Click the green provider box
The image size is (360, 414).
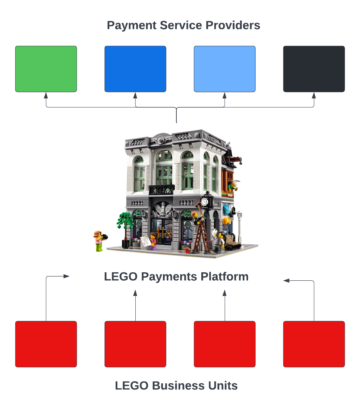click(46, 69)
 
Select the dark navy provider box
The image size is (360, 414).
click(314, 69)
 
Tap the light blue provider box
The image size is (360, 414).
click(225, 69)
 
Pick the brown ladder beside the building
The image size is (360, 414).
click(201, 236)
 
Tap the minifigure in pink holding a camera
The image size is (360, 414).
click(99, 241)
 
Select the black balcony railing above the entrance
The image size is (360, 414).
click(161, 189)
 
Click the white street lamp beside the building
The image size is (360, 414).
click(240, 226)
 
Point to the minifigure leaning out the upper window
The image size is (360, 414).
click(233, 186)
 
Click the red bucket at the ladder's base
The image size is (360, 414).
click(187, 250)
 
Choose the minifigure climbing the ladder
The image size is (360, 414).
click(198, 217)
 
